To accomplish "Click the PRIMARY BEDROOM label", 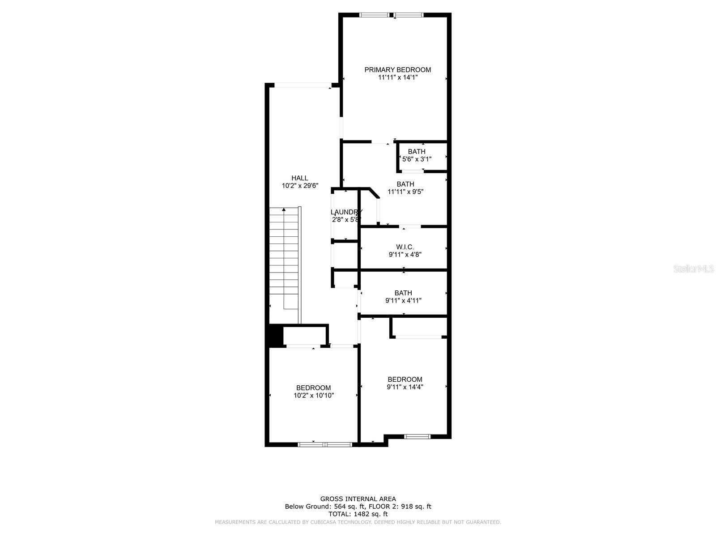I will pyautogui.click(x=397, y=70).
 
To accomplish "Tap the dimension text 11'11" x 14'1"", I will pyautogui.click(x=398, y=77).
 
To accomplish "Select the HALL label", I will pyautogui.click(x=299, y=178).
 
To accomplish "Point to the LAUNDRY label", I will pyautogui.click(x=345, y=212).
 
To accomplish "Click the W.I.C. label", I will pyautogui.click(x=405, y=247).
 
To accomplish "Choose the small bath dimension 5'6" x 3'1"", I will pyautogui.click(x=417, y=159).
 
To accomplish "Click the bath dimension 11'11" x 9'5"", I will pyautogui.click(x=405, y=192).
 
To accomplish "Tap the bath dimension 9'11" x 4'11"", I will pyautogui.click(x=403, y=301).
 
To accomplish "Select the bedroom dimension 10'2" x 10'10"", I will pyautogui.click(x=314, y=396).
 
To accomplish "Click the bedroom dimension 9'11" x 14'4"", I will pyautogui.click(x=405, y=387).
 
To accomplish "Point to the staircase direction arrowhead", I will pyautogui.click(x=284, y=209).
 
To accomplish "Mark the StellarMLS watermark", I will pyautogui.click(x=694, y=268).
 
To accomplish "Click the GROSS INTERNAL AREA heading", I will pyautogui.click(x=358, y=499).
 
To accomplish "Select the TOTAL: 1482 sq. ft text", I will pyautogui.click(x=358, y=514).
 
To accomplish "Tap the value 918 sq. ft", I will pyautogui.click(x=416, y=507).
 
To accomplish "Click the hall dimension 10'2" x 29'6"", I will pyautogui.click(x=300, y=186).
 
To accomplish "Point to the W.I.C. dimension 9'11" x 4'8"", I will pyautogui.click(x=405, y=255).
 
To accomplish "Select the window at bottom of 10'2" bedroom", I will pyautogui.click(x=325, y=444).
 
